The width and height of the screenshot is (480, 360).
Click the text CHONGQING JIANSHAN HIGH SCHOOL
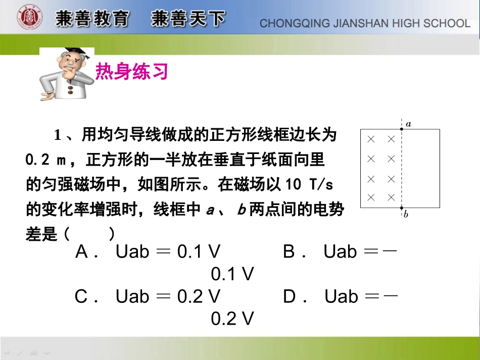365,23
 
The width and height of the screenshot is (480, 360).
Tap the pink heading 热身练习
131,72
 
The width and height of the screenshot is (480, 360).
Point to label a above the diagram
408,123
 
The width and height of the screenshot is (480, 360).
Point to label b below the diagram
406,214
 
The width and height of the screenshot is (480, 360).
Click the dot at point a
401,129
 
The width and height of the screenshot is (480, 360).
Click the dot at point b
401,208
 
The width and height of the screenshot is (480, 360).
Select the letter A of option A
82,251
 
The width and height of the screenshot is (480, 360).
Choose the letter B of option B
289,251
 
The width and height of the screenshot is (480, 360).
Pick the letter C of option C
81,296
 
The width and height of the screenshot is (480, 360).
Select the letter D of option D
290,296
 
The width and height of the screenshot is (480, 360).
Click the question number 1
58,136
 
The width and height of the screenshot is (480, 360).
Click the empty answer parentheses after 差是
88,234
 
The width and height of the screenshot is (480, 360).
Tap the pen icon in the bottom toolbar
20,352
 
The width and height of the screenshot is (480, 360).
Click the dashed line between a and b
401,169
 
